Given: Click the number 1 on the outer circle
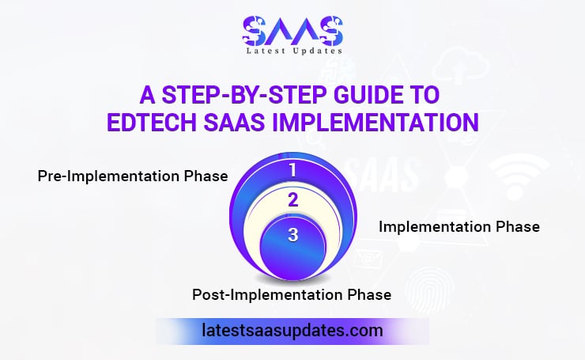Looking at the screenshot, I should pyautogui.click(x=292, y=169).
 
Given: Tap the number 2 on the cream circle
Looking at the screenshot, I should pyautogui.click(x=292, y=199).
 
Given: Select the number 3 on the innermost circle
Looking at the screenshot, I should pyautogui.click(x=292, y=235).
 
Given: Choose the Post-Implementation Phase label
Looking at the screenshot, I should pyautogui.click(x=292, y=295).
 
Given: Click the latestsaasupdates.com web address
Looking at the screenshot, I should pyautogui.click(x=292, y=329).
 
